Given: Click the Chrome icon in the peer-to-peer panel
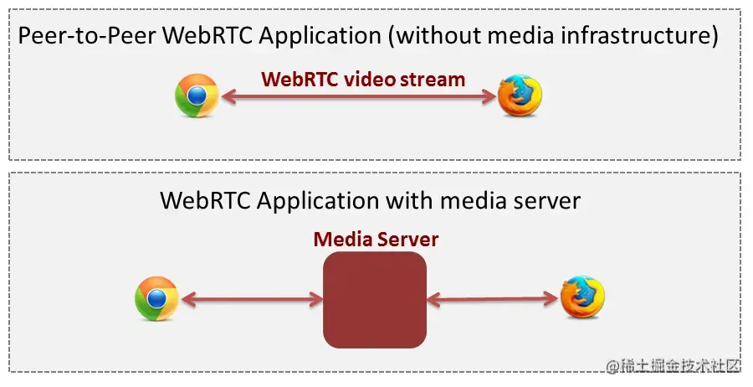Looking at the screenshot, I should click(197, 96).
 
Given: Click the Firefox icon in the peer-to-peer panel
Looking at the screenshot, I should click(520, 96).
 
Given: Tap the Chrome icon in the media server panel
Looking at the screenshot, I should click(156, 299).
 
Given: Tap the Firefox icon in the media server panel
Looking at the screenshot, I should click(582, 297).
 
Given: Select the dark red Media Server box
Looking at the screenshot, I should click(375, 299).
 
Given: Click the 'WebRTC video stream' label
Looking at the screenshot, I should click(362, 80).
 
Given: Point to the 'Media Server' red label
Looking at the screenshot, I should click(376, 240).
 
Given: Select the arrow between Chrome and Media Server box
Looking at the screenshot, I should click(251, 298).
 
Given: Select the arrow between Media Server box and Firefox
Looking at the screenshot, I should click(493, 297).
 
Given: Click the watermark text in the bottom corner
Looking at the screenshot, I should click(674, 366).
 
